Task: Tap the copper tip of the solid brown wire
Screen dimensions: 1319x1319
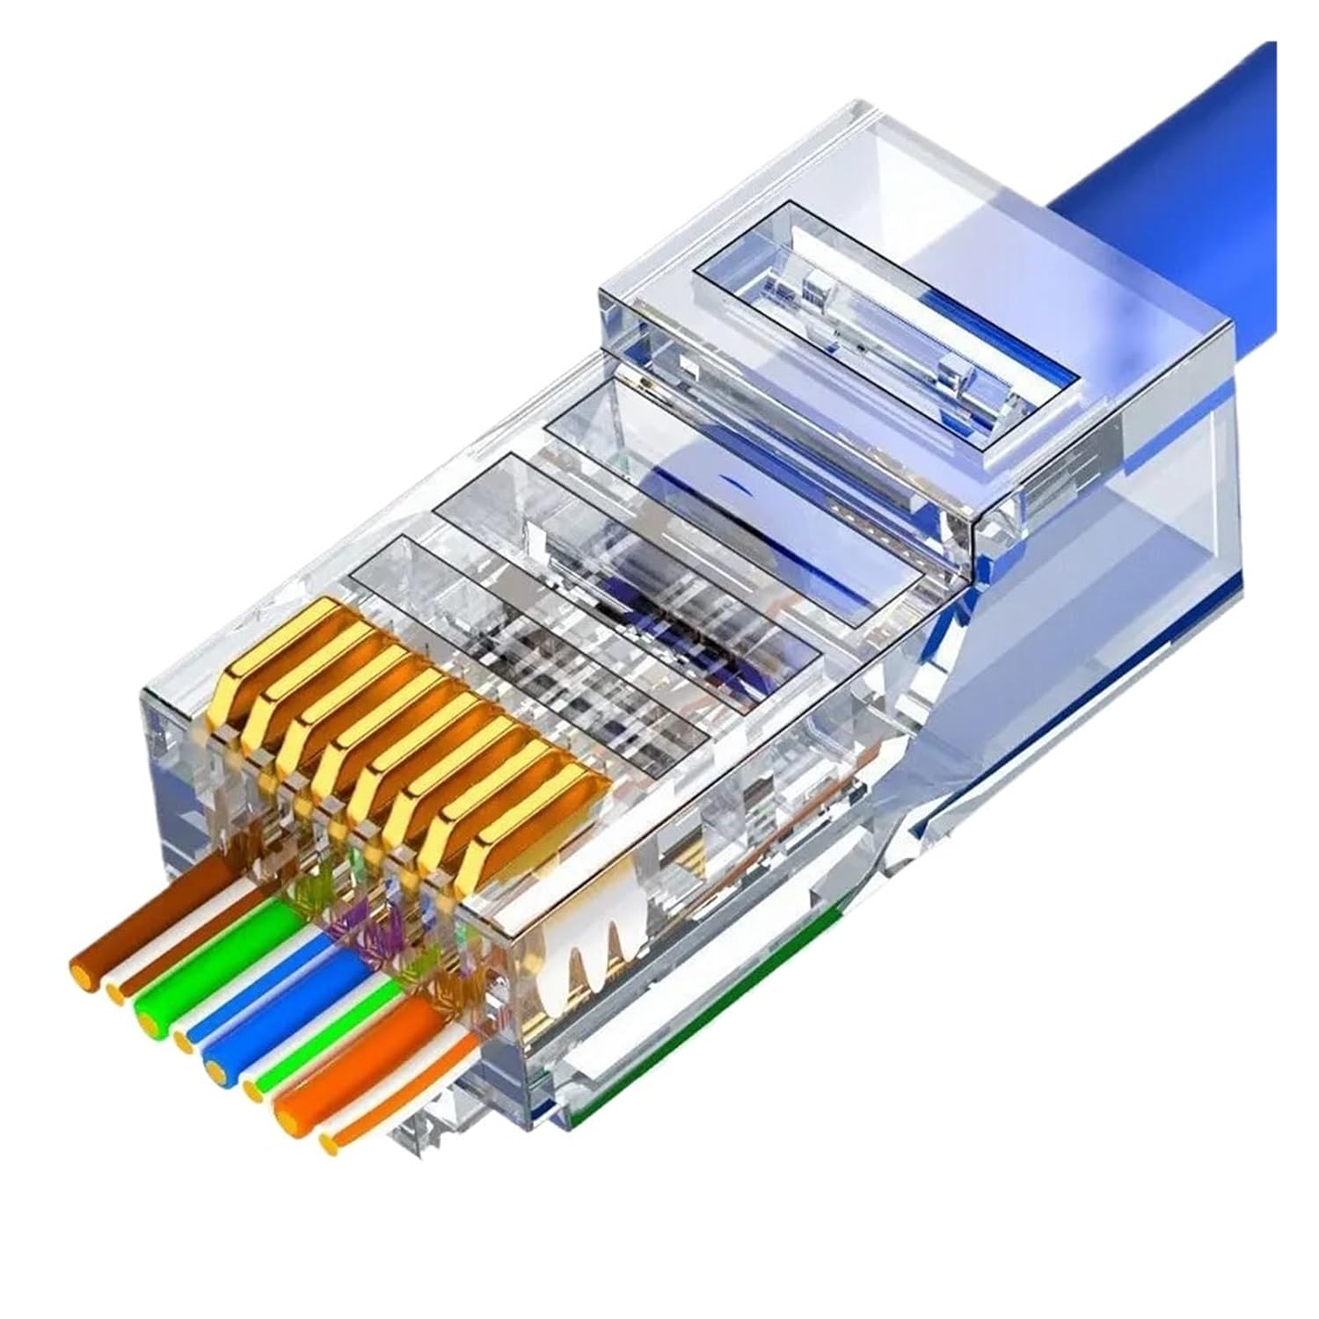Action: coord(81,973)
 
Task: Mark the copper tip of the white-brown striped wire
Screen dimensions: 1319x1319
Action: coord(114,992)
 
